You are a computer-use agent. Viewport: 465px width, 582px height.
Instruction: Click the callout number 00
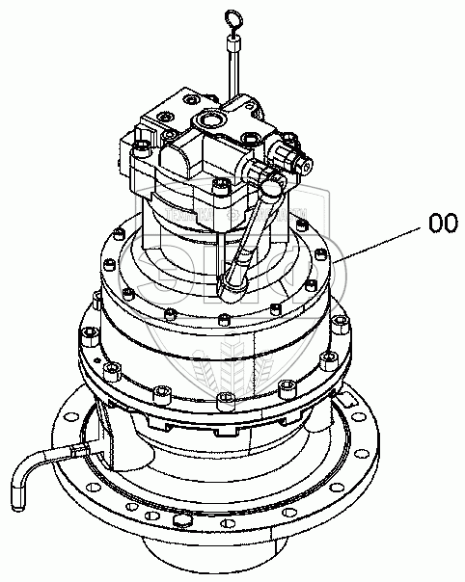[443, 224]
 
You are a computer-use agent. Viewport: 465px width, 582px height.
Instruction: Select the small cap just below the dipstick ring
[233, 44]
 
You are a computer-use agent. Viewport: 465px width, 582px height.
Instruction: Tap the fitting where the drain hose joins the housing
[78, 451]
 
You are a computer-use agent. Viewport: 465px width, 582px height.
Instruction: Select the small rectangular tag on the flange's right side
[346, 401]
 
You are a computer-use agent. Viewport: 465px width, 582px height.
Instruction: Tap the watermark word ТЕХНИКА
[189, 214]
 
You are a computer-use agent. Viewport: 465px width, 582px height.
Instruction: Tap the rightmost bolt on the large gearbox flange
[342, 324]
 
